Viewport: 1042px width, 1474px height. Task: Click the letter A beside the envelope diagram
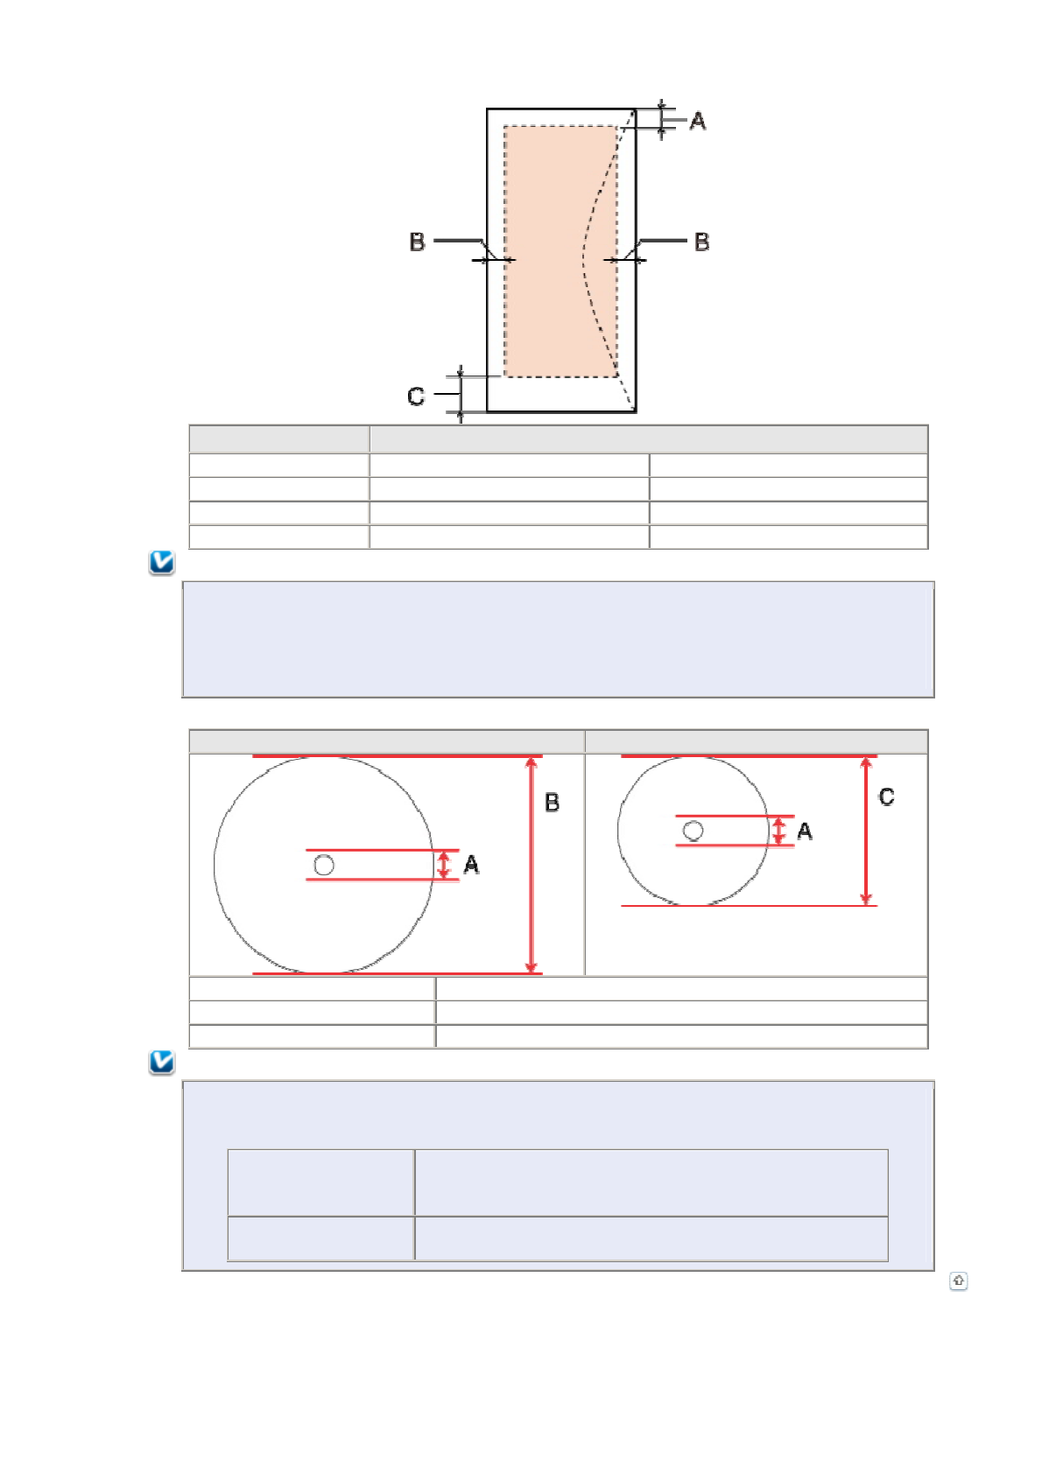coord(697,121)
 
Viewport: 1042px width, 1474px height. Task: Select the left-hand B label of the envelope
coord(417,242)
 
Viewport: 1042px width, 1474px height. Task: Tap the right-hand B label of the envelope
coord(701,242)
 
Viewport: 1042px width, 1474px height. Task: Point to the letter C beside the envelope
coord(415,397)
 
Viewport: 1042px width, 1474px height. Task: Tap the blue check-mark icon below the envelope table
coord(161,563)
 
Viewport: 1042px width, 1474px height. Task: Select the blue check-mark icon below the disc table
coord(161,1062)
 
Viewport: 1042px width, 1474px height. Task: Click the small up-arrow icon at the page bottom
coord(958,1280)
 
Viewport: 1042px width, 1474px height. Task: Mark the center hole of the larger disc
coord(323,865)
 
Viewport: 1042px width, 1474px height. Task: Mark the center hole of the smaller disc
coord(693,831)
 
